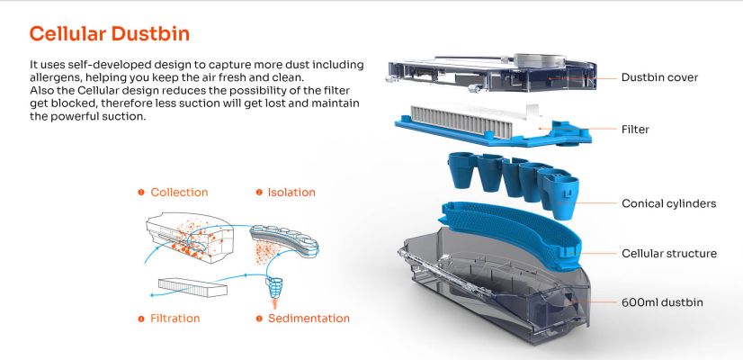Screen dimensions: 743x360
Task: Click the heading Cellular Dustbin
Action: (x=110, y=34)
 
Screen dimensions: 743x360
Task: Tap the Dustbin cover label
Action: (x=659, y=77)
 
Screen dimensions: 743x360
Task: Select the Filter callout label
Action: (x=635, y=129)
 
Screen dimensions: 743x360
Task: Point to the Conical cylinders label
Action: (x=668, y=203)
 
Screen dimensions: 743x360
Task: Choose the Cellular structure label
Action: (x=669, y=253)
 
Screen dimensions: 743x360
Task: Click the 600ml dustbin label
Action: (x=662, y=302)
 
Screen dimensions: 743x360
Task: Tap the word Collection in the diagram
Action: (x=179, y=192)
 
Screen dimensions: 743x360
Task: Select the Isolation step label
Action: (x=291, y=192)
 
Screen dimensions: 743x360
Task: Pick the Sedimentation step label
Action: (x=309, y=319)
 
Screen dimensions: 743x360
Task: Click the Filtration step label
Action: (x=175, y=319)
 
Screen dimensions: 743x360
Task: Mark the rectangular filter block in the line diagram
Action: (x=192, y=287)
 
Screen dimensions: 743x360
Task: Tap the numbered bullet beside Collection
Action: (x=140, y=192)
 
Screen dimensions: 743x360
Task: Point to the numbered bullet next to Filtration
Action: (x=140, y=319)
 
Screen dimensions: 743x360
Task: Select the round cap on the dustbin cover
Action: (x=539, y=60)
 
